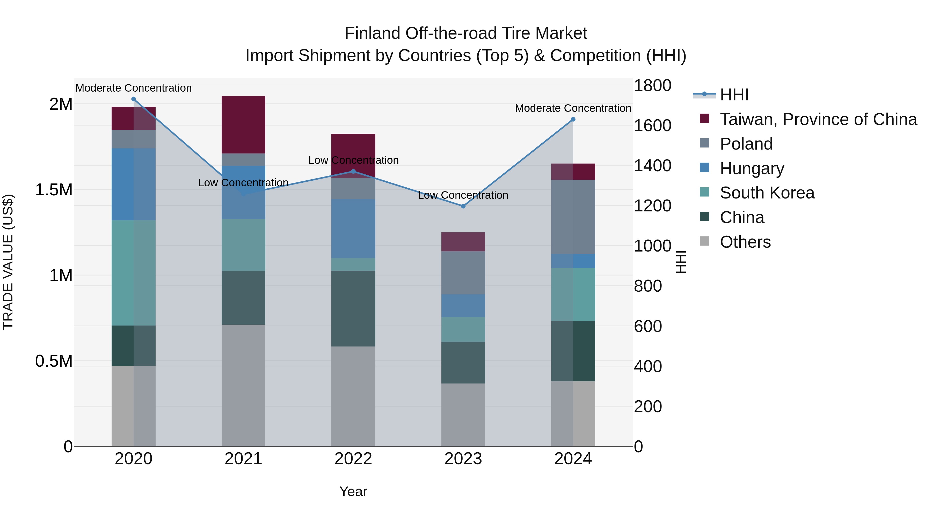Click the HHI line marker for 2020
(x=134, y=99)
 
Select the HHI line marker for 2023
(x=463, y=206)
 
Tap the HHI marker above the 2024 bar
(x=573, y=119)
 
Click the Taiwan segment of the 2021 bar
(x=244, y=124)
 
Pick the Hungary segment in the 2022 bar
(x=353, y=228)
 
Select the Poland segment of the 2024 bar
(x=573, y=217)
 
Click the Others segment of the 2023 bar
(x=463, y=415)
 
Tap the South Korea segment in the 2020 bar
(x=134, y=273)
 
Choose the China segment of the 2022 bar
(x=353, y=308)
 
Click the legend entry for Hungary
(x=752, y=168)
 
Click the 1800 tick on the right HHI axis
(x=652, y=86)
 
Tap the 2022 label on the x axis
(x=353, y=459)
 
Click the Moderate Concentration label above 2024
(x=573, y=108)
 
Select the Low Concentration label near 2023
(x=463, y=195)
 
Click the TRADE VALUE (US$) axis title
(x=8, y=262)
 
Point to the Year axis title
(x=353, y=491)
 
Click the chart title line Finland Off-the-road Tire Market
(x=466, y=33)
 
